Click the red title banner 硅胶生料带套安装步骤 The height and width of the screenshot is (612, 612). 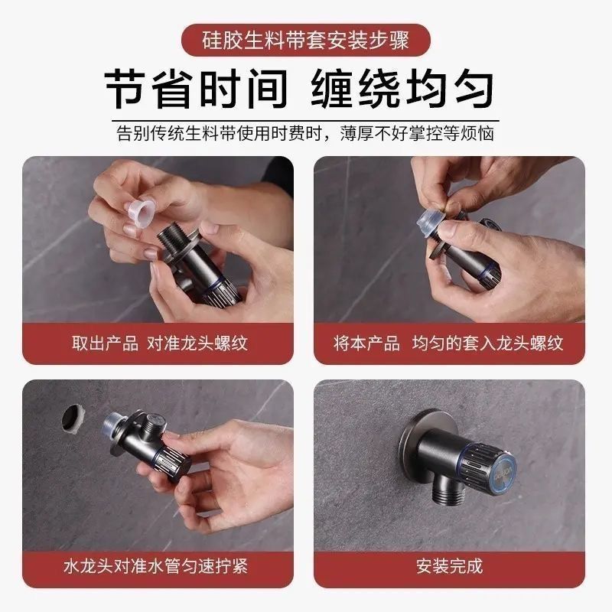tap(306, 40)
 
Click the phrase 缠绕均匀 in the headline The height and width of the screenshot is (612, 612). tap(402, 89)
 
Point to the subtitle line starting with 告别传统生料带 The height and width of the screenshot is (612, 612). tap(305, 134)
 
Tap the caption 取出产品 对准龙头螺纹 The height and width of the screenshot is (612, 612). tap(160, 343)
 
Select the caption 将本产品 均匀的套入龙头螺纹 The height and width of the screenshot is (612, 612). tap(448, 343)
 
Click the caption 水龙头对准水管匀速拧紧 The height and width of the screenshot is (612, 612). tap(155, 566)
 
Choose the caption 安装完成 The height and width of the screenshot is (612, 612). tap(449, 566)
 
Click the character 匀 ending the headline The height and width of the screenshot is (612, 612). tap(474, 89)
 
